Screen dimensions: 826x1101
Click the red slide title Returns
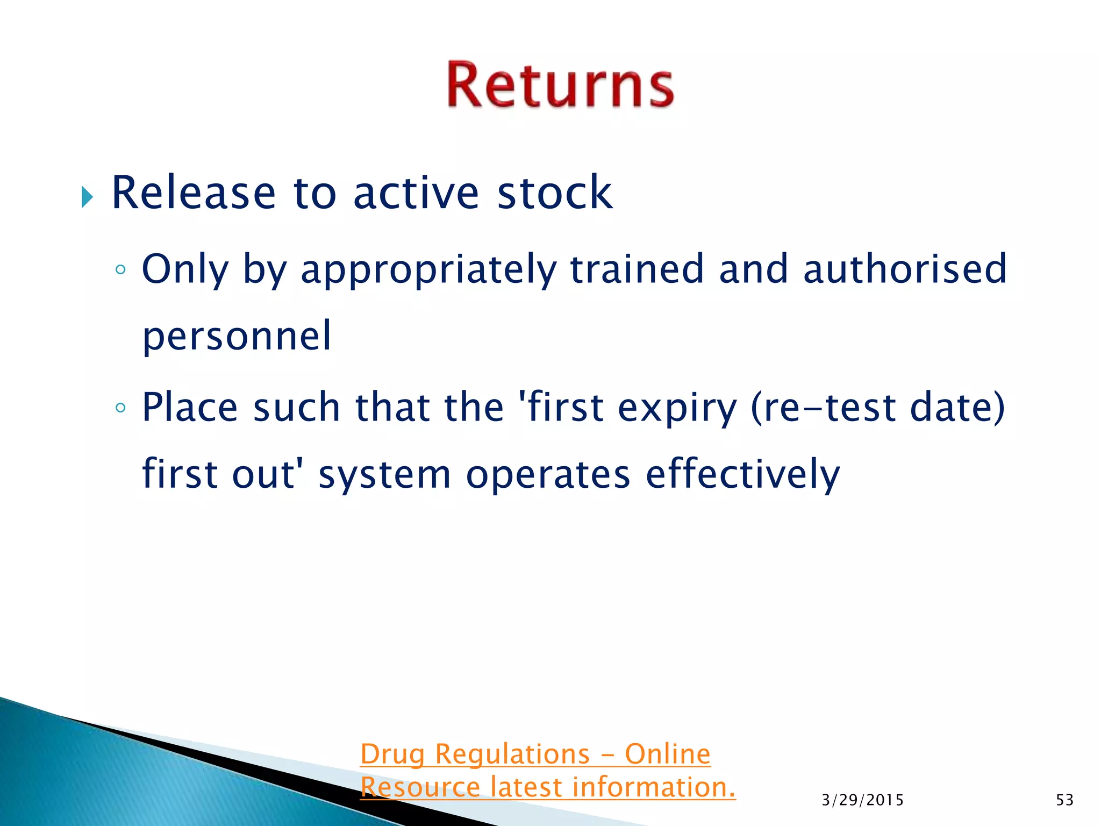[560, 85]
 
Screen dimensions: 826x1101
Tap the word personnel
[237, 337]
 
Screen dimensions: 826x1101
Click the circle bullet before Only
[120, 270]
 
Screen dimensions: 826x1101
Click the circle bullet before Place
[120, 408]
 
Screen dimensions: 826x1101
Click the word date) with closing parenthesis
[957, 408]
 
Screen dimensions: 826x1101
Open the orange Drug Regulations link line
[535, 754]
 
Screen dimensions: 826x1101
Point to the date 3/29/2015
[862, 800]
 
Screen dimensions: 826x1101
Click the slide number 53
[1064, 800]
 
